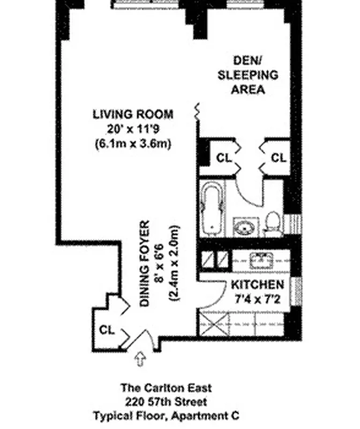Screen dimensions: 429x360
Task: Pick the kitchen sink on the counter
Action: (261, 261)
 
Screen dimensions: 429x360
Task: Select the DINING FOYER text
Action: (145, 264)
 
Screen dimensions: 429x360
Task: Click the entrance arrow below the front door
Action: (141, 359)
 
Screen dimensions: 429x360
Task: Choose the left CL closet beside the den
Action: (223, 158)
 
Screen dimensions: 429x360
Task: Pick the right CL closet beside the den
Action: (278, 158)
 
